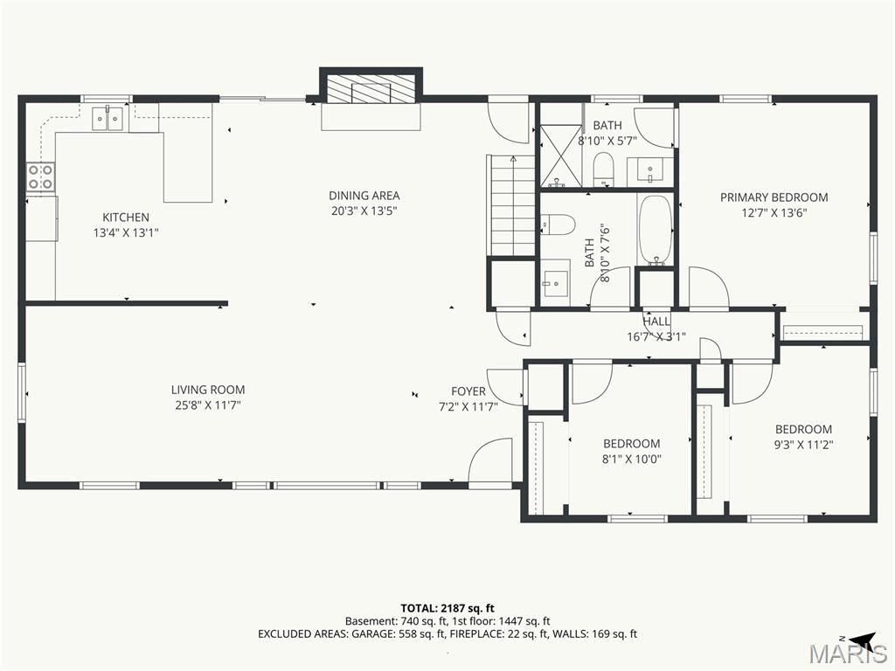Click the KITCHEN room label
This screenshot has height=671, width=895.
(x=126, y=218)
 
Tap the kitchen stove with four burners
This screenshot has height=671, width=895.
(x=41, y=177)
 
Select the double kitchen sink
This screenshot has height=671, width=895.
(x=108, y=119)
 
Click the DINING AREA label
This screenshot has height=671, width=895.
(x=364, y=196)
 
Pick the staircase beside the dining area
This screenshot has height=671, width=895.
(x=510, y=205)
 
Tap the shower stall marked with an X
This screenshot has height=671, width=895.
(x=561, y=156)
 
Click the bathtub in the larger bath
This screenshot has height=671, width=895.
(x=656, y=231)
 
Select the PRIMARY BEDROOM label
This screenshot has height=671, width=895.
(x=774, y=197)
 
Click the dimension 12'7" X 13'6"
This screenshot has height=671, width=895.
(x=774, y=213)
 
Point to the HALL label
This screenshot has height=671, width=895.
(x=656, y=322)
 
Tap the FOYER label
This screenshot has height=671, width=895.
(x=468, y=391)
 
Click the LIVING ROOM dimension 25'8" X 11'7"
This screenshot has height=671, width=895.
(x=208, y=405)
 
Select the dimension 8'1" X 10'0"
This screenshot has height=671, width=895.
(x=632, y=459)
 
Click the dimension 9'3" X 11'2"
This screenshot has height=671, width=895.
(x=804, y=445)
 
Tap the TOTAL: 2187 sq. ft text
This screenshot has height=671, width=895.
(x=447, y=608)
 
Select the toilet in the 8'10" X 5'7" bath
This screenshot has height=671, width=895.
(x=603, y=169)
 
